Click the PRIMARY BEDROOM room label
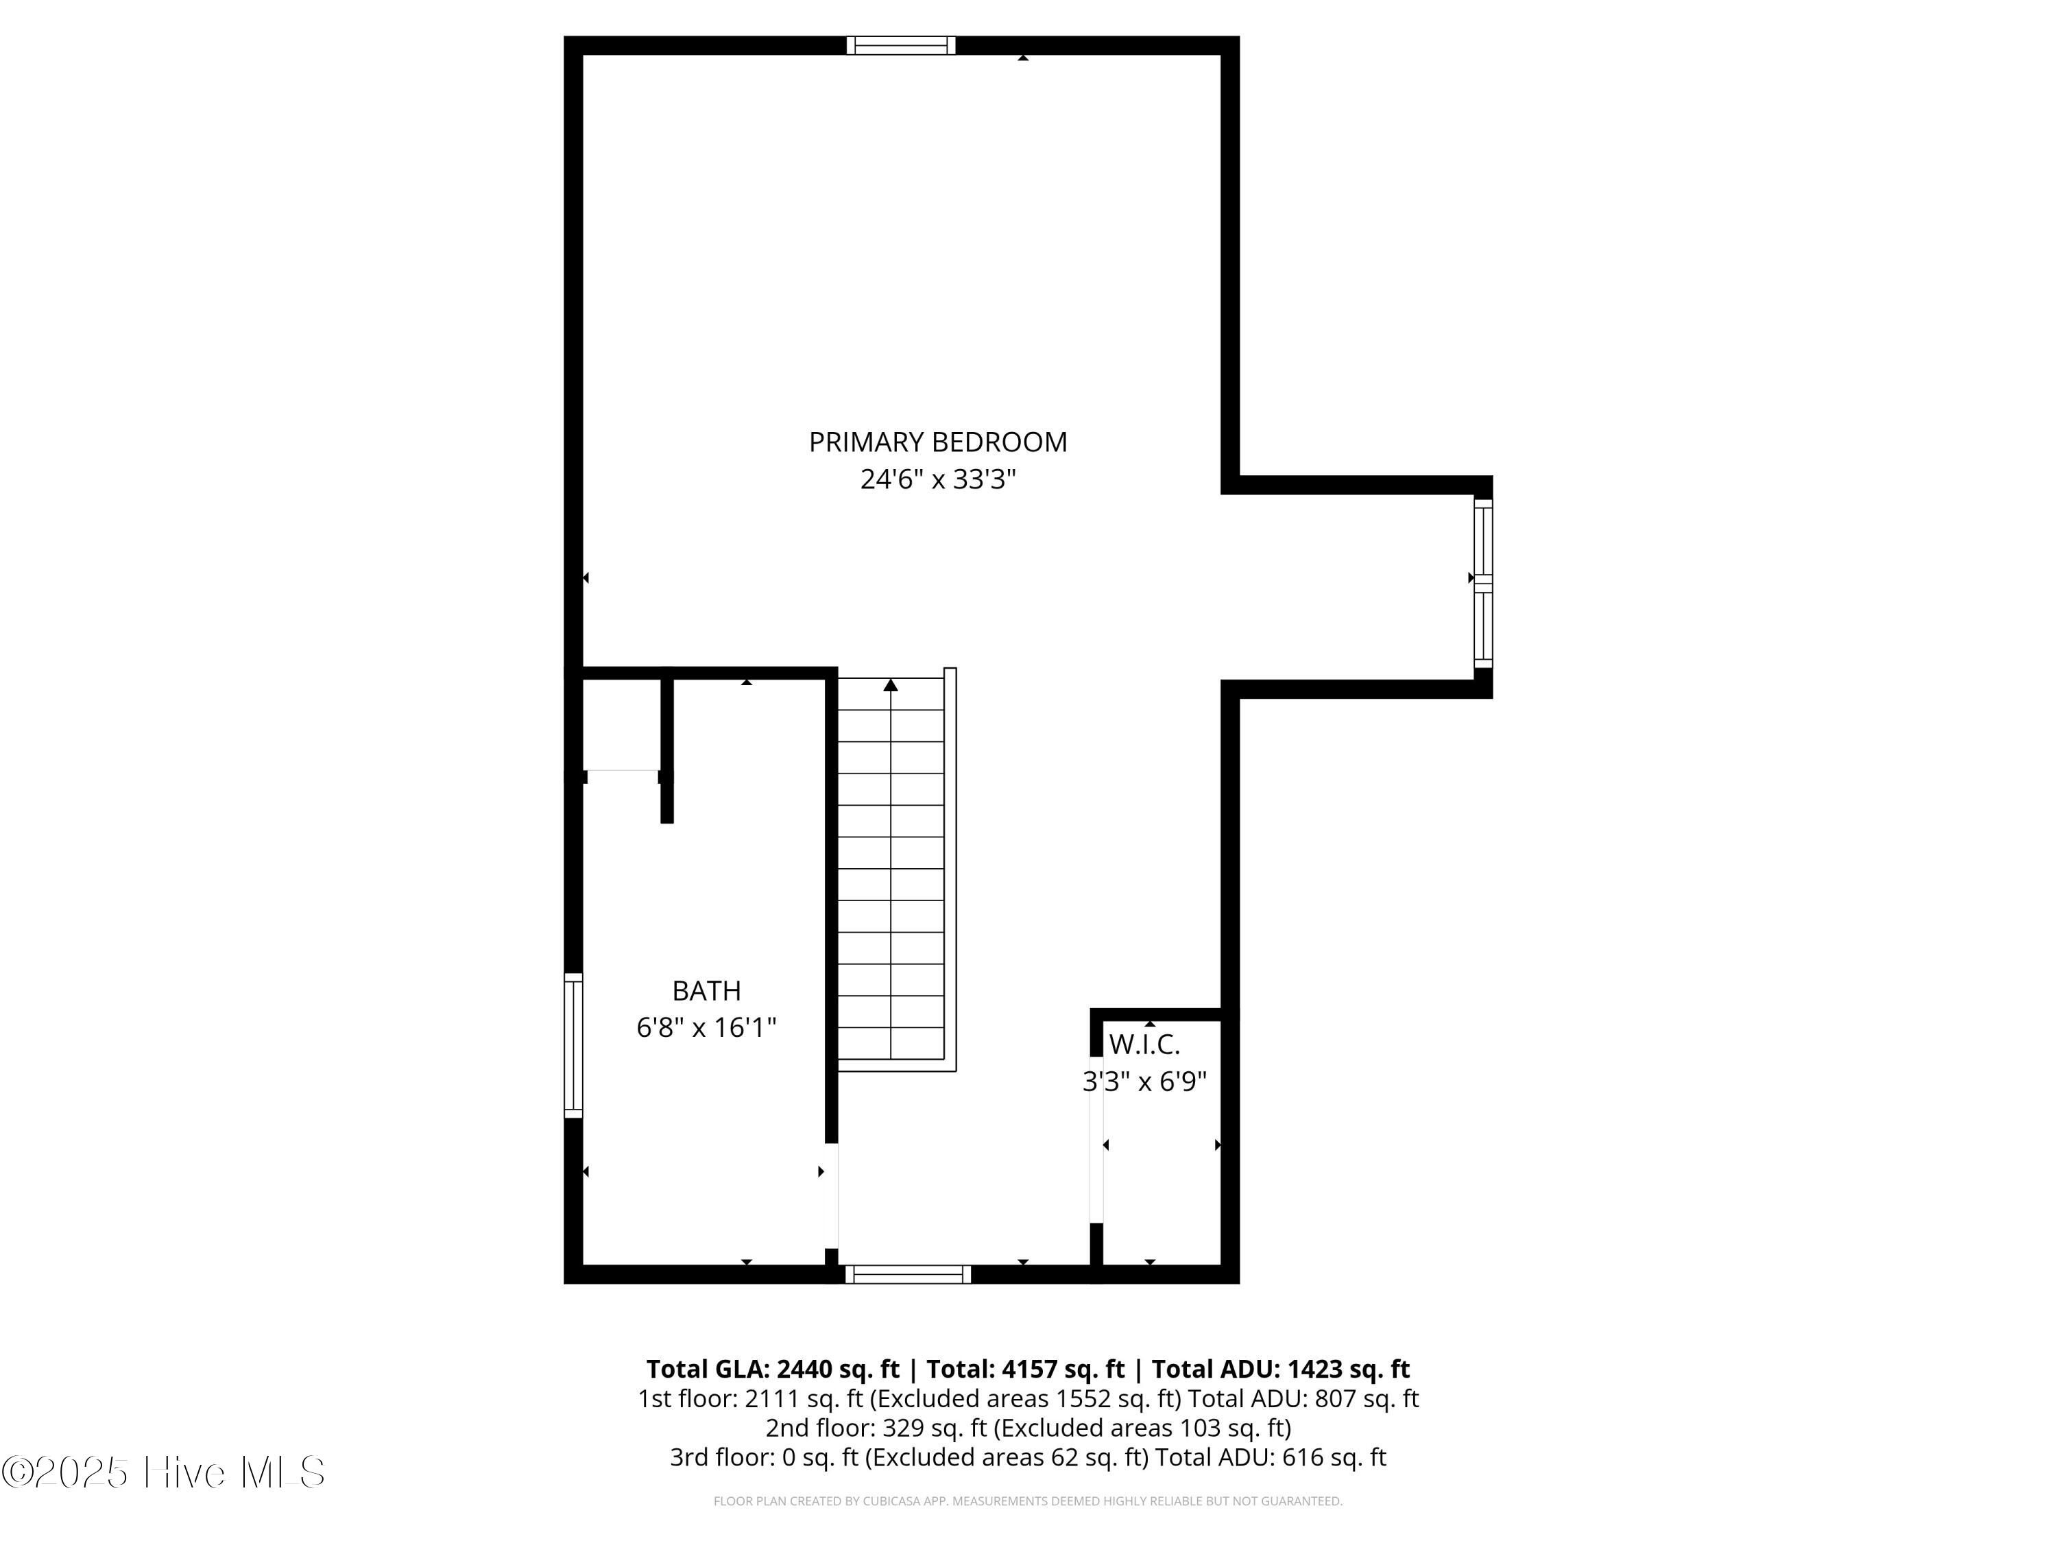click(x=937, y=442)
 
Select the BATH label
click(x=707, y=990)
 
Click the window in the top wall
click(x=901, y=45)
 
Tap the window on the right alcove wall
click(x=1483, y=583)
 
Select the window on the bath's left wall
click(x=574, y=1045)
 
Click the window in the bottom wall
click(x=909, y=1274)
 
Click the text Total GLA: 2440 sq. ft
click(x=773, y=1369)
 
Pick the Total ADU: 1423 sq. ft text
click(x=1281, y=1369)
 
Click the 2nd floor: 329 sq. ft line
click(x=1028, y=1428)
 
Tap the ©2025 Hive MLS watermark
click(x=164, y=1472)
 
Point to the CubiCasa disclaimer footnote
click(x=1028, y=1501)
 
